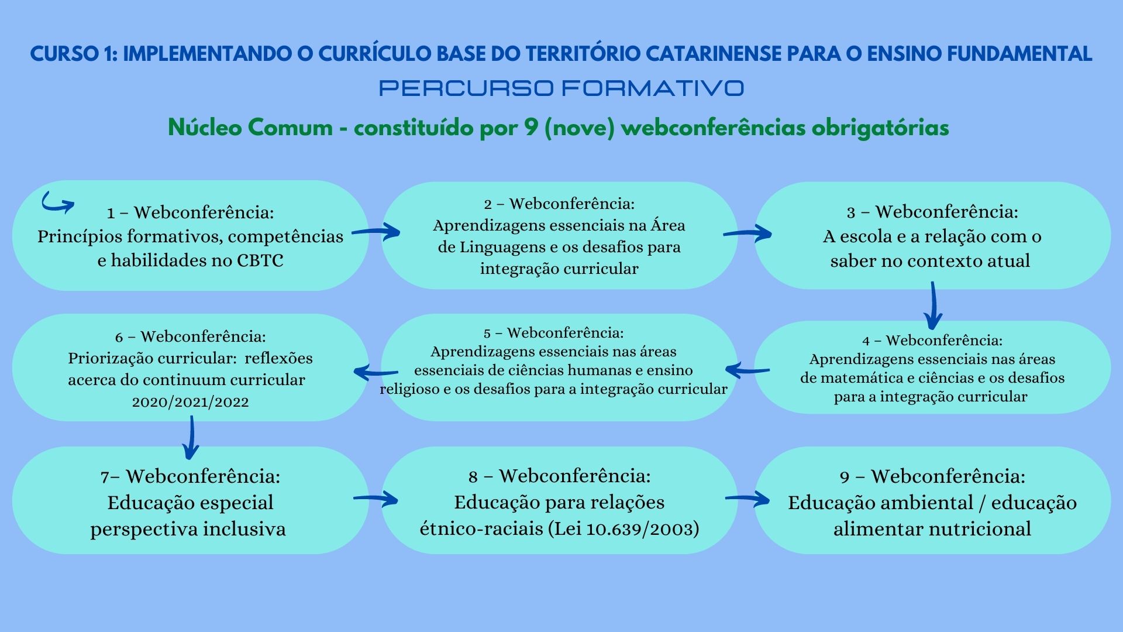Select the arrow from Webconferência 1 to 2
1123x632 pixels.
tap(376, 232)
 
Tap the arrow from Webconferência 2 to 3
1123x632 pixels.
tap(747, 233)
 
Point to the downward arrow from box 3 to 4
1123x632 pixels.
tap(933, 305)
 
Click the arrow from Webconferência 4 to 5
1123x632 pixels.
tap(747, 370)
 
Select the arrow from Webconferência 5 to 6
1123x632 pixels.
tap(376, 372)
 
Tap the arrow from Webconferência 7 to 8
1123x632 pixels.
tap(376, 499)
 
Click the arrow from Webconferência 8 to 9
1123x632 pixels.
tap(747, 499)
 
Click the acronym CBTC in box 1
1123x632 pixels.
tap(260, 261)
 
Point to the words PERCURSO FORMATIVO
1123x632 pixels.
tap(561, 88)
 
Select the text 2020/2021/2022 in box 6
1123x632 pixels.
tap(190, 402)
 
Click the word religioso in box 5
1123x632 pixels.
tap(409, 389)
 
